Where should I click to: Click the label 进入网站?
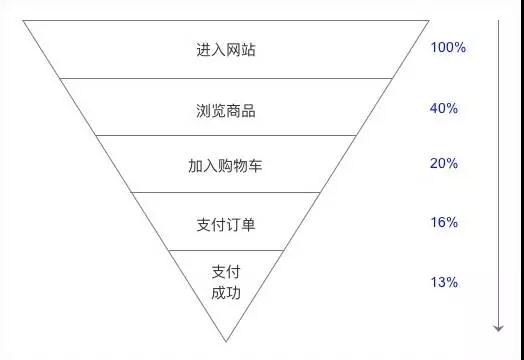[x=226, y=49]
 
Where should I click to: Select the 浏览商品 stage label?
[x=226, y=110]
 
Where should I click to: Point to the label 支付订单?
[x=226, y=224]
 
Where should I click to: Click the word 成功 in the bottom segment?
[x=226, y=293]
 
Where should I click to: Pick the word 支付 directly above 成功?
[x=226, y=272]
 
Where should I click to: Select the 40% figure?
[x=444, y=108]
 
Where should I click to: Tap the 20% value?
[x=444, y=163]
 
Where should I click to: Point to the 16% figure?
[x=444, y=222]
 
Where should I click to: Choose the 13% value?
[x=444, y=282]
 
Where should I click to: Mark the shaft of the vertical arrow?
[x=497, y=170]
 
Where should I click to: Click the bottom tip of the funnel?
[x=226, y=339]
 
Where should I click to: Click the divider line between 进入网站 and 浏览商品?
[x=226, y=78]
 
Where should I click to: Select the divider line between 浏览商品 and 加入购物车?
[x=226, y=135]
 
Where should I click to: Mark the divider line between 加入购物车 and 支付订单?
[x=226, y=192]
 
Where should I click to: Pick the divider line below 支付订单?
[x=226, y=249]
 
